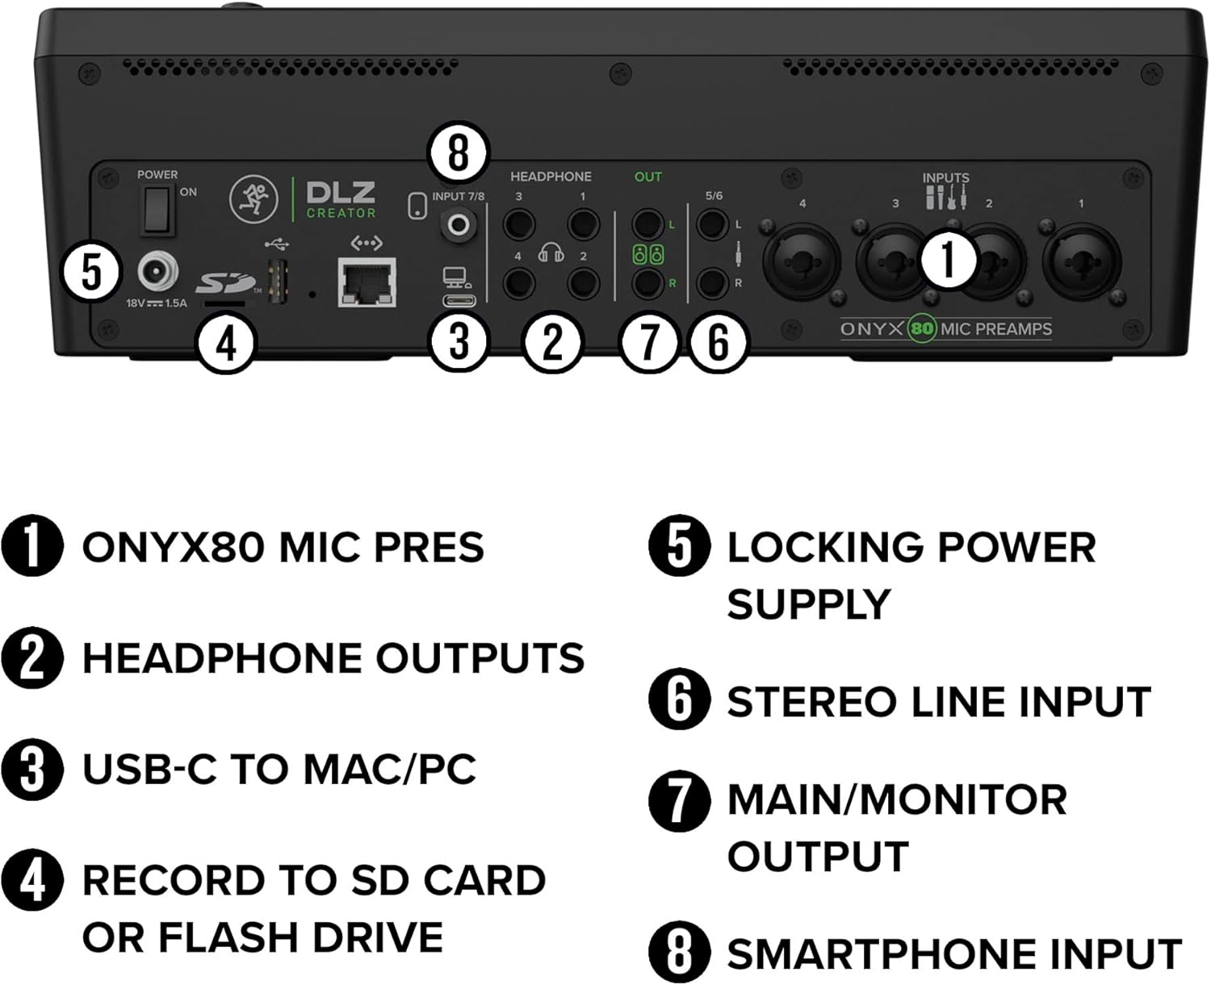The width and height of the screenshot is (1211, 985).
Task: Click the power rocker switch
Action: (x=157, y=210)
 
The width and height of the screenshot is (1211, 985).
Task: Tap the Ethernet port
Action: (x=367, y=282)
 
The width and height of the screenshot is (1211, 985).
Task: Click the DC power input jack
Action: (x=157, y=272)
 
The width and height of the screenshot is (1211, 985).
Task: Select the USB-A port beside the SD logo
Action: (x=278, y=281)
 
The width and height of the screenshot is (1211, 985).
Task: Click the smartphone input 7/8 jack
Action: (x=459, y=225)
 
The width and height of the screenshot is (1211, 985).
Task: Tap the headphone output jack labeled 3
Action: (x=518, y=223)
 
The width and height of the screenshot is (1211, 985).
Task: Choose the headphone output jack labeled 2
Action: (x=582, y=283)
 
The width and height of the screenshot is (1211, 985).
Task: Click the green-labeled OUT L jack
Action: (x=647, y=224)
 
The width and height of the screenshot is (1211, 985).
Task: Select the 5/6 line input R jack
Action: (x=712, y=283)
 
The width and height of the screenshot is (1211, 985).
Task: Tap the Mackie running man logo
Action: (x=254, y=200)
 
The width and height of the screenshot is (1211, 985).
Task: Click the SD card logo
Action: (x=225, y=282)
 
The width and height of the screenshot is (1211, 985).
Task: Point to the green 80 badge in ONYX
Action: (x=922, y=329)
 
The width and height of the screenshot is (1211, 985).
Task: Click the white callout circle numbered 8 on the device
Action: (x=459, y=152)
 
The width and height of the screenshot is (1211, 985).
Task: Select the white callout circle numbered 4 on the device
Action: (x=226, y=344)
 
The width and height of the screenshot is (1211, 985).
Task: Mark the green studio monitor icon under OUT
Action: (x=647, y=254)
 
